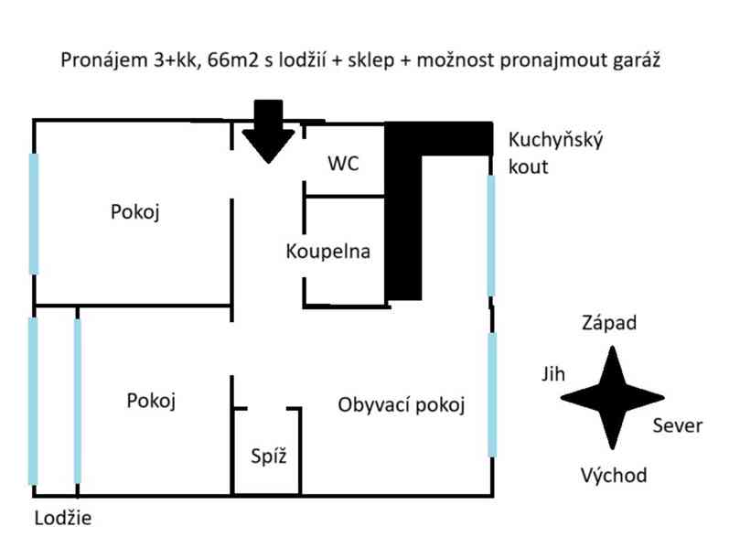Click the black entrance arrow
267,133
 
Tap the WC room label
343,165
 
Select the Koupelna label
327,251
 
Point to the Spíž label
269,456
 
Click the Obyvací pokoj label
402,404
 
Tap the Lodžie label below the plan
63,519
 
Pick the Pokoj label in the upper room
135,212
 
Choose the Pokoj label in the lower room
151,401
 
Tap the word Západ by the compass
609,323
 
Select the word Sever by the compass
678,425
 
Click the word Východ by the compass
614,476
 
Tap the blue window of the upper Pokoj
34,213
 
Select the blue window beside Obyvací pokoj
492,395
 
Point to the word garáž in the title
640,61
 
